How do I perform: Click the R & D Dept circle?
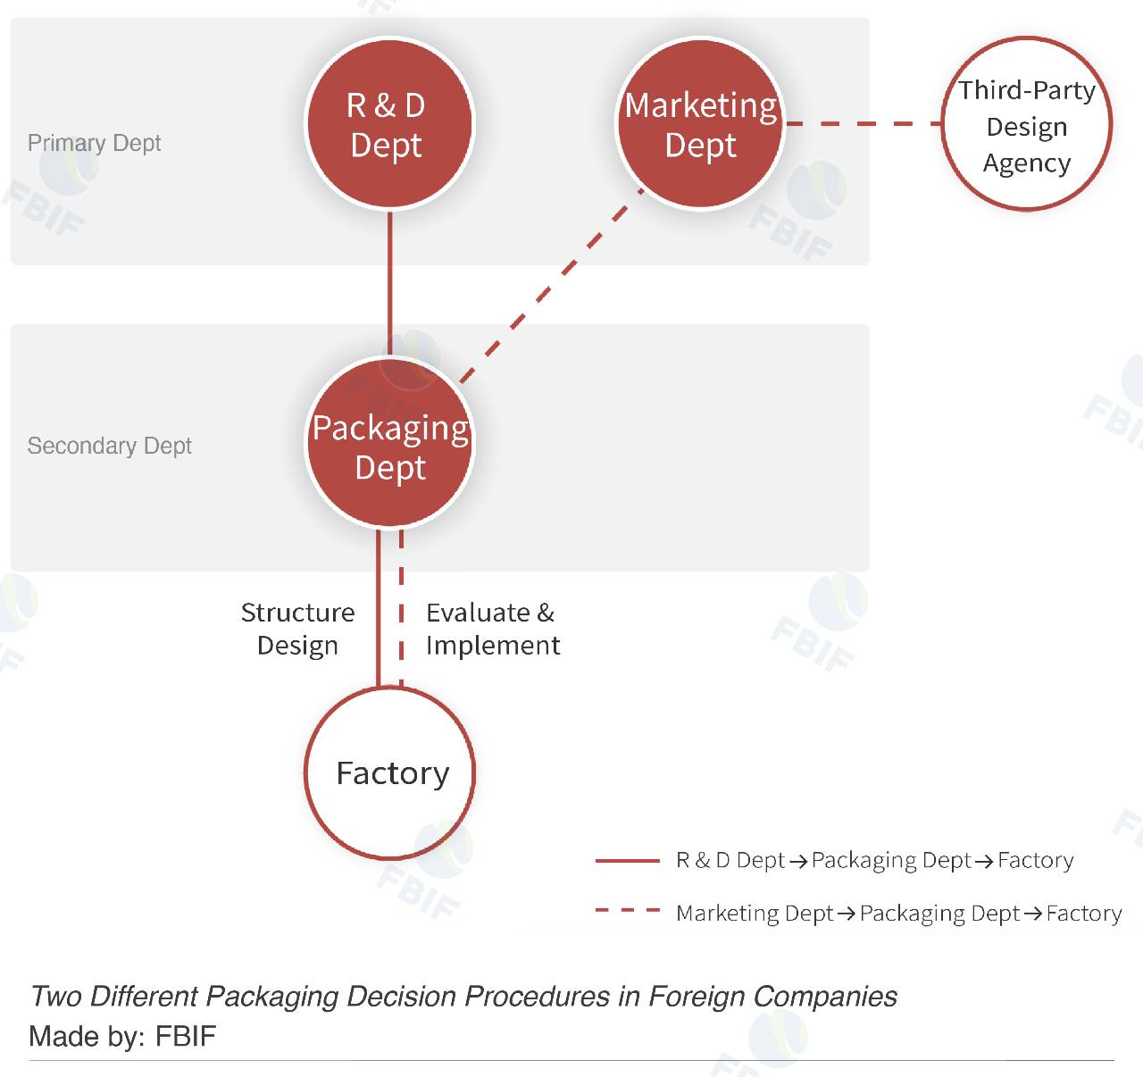(x=389, y=124)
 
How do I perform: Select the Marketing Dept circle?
(x=701, y=124)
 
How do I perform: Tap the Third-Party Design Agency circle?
(x=1027, y=124)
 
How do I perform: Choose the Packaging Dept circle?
(x=390, y=444)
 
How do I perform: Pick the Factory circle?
(x=390, y=773)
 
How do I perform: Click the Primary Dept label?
(x=94, y=143)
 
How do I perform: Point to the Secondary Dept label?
(x=109, y=446)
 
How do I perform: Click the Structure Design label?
(x=297, y=629)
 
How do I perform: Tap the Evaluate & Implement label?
(x=492, y=629)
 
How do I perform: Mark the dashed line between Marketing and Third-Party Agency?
(x=862, y=123)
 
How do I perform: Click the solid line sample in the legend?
(x=627, y=861)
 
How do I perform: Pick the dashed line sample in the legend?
(x=627, y=911)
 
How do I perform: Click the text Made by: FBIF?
(x=122, y=1036)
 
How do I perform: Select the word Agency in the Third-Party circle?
(x=1027, y=163)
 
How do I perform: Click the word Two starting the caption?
(x=55, y=996)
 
